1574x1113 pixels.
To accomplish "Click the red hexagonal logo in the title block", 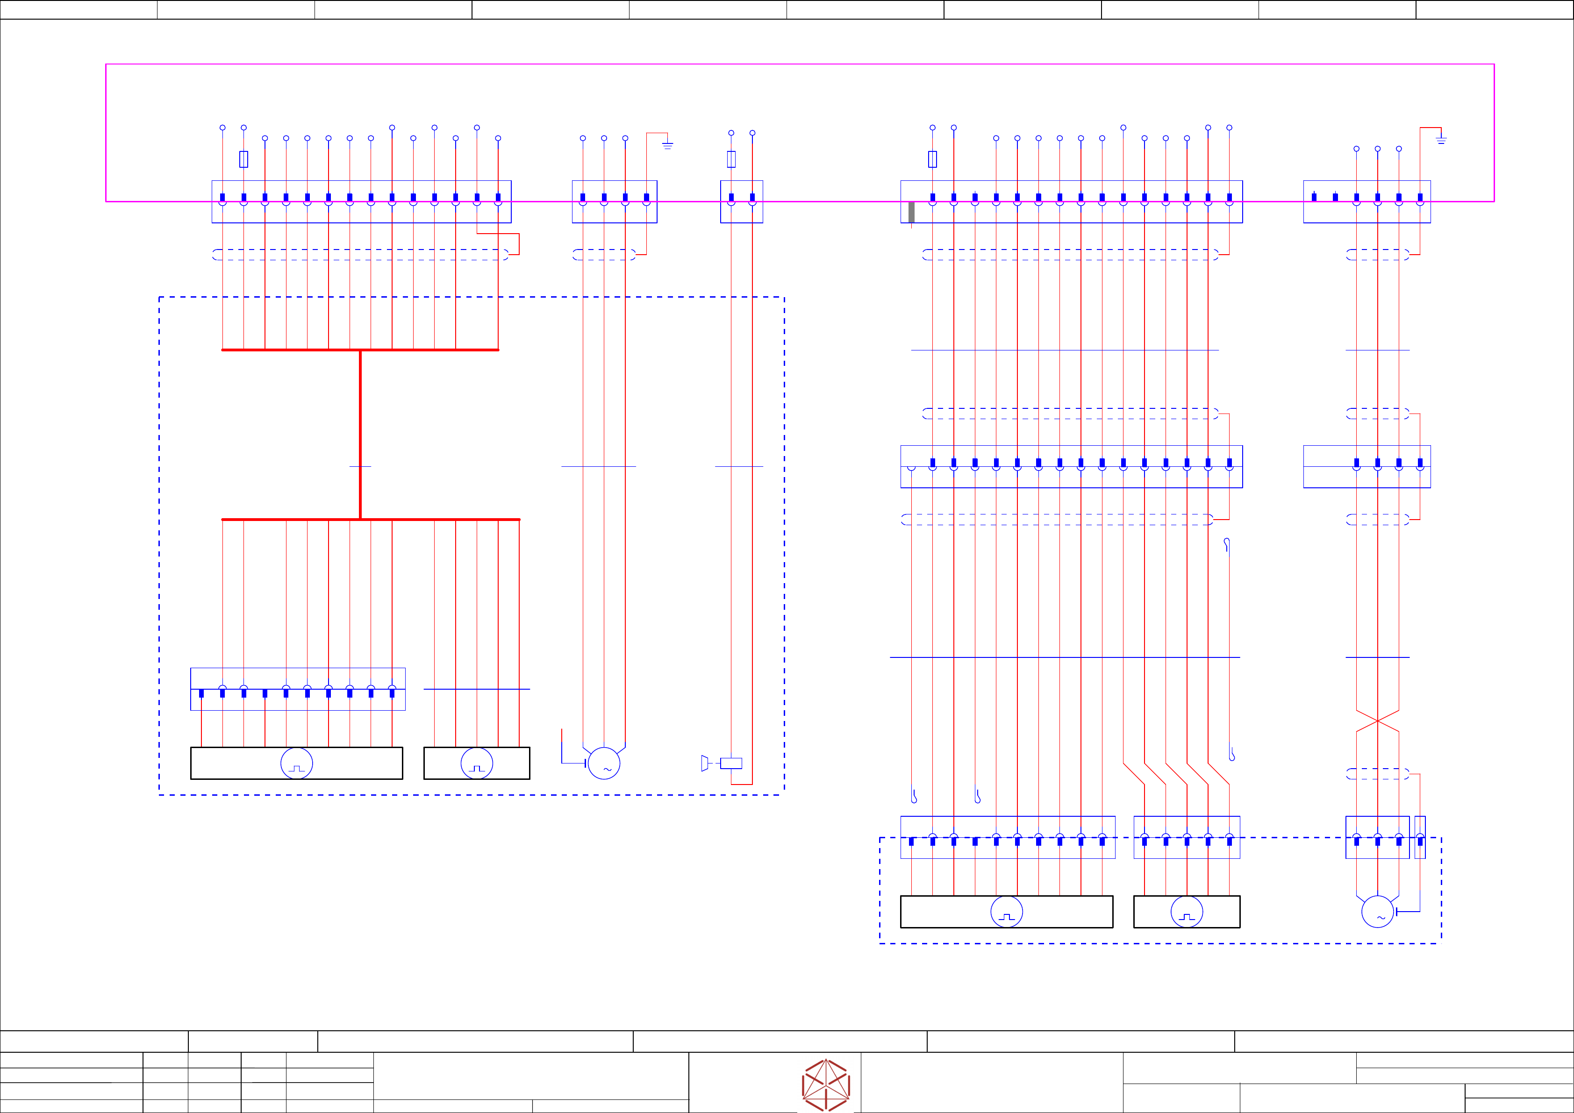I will tap(826, 1085).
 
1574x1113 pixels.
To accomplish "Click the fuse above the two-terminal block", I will tap(731, 159).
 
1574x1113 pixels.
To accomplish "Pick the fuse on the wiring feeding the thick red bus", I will tap(243, 159).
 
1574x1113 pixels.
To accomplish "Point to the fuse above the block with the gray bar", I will tap(932, 159).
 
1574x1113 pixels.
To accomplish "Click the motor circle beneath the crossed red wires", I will tap(1377, 912).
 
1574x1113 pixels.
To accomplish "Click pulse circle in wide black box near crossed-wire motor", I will tap(1006, 912).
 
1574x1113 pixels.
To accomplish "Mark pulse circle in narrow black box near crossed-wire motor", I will tap(1187, 912).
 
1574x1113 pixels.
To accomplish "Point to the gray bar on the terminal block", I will tap(911, 213).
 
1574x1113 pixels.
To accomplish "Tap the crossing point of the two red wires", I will tap(1377, 721).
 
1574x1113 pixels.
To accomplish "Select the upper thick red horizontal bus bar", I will tap(361, 350).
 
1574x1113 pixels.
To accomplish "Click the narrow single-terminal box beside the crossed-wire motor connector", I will tap(1420, 837).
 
